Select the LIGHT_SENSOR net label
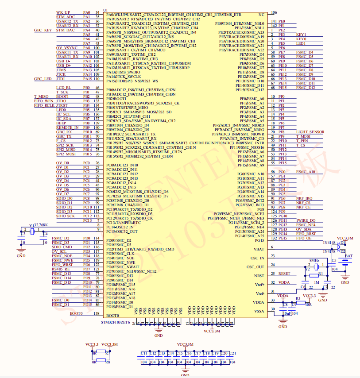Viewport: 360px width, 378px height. [x=310, y=132]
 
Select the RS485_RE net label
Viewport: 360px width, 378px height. [x=61, y=269]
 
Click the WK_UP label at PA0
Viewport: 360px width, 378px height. [x=62, y=12]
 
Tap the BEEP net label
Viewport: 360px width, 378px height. [x=61, y=123]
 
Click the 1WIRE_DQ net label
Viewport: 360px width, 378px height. [x=306, y=220]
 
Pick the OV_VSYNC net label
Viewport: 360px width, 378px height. [x=66, y=48]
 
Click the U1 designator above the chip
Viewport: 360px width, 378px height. [x=105, y=9]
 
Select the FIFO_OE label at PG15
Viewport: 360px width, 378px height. [x=304, y=238]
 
